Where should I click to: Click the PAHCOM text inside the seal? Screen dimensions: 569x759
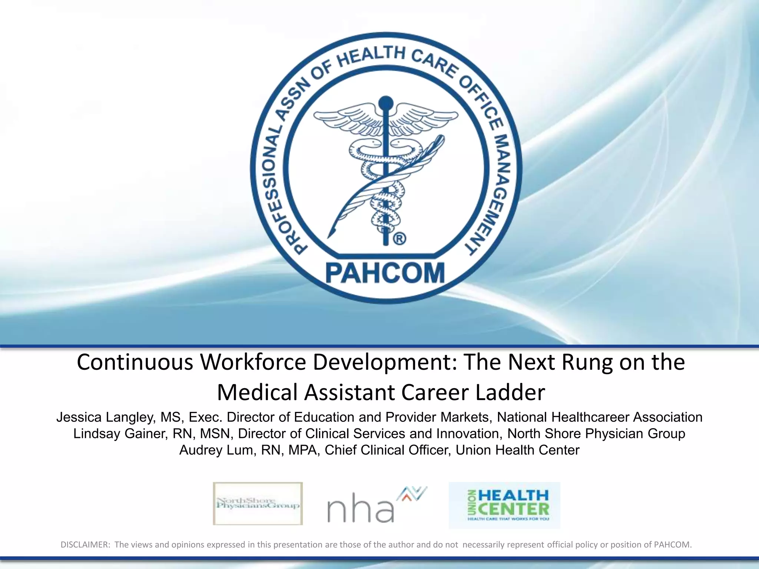pyautogui.click(x=385, y=273)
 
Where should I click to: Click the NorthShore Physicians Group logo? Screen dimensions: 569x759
pyautogui.click(x=258, y=504)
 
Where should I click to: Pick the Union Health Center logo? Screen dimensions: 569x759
pyautogui.click(x=504, y=505)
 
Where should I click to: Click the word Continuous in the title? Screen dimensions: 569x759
pyautogui.click(x=135, y=362)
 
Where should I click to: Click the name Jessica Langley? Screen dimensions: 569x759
pyautogui.click(x=105, y=417)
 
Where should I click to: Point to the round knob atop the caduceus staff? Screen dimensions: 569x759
pyautogui.click(x=386, y=103)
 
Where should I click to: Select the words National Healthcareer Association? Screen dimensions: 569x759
pyautogui.click(x=599, y=417)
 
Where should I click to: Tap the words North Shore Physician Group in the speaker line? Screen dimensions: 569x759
pyautogui.click(x=596, y=434)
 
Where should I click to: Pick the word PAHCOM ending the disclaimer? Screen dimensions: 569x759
pyautogui.click(x=672, y=545)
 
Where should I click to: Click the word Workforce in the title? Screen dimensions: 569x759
pyautogui.click(x=253, y=362)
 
